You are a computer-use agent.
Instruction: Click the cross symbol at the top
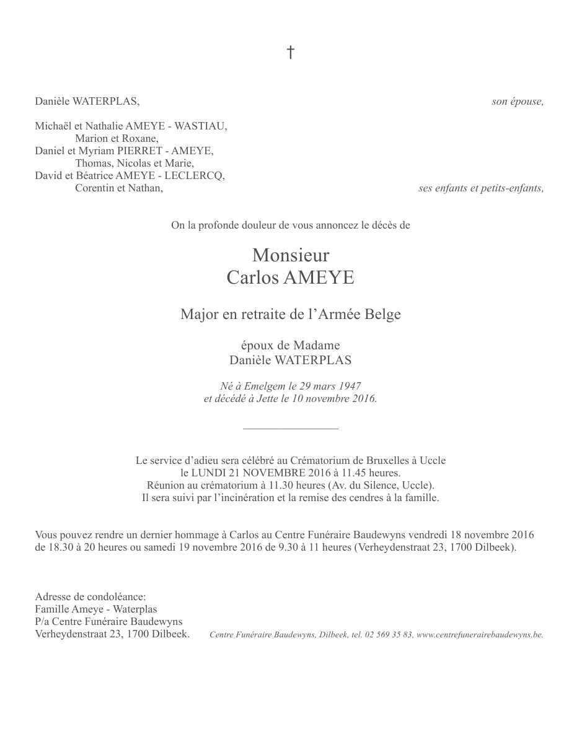coord(290,53)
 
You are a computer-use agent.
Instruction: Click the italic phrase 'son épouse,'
coord(518,102)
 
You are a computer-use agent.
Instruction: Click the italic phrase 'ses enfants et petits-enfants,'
coord(481,188)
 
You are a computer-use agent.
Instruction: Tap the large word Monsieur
coord(291,255)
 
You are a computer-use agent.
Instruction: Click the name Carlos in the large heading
coord(252,277)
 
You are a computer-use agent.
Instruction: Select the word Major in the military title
coord(199,314)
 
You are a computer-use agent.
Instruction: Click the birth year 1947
coord(349,386)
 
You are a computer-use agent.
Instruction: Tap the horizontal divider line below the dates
coord(291,428)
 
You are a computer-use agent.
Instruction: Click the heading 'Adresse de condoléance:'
coord(90,597)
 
